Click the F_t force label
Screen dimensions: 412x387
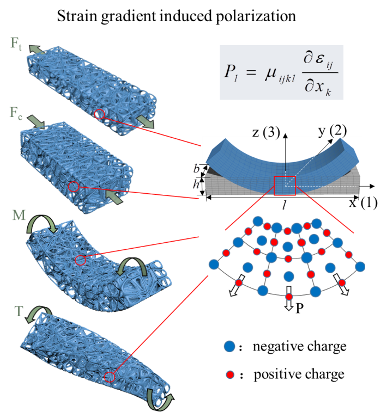16,44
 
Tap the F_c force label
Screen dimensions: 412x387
16,113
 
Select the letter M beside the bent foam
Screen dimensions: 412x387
19,216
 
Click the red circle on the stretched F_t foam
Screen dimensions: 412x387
99,114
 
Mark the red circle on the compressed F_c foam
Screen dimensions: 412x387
75,187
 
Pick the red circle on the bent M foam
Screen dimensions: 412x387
80,260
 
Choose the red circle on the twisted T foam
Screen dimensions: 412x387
110,377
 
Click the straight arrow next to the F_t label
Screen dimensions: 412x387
38,50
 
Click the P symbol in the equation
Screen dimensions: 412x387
229,72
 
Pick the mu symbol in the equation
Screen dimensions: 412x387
271,72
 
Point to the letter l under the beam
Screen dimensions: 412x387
284,206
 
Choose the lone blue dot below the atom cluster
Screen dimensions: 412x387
229,346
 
